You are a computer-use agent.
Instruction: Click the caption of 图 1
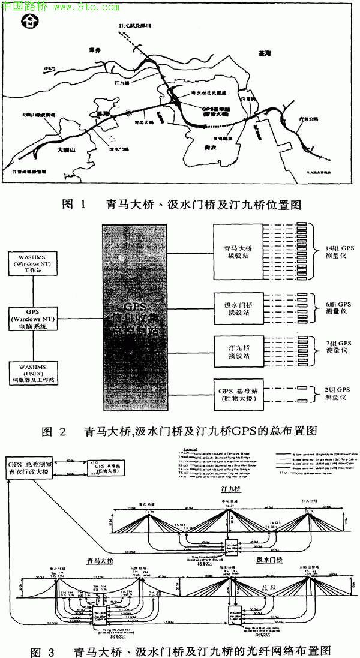(x=181, y=204)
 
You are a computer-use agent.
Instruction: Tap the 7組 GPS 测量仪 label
(x=335, y=350)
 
